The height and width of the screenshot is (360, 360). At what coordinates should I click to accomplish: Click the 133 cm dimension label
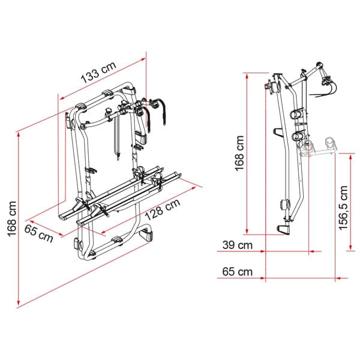click(x=98, y=73)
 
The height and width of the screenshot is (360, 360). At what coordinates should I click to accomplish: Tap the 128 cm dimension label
click(x=163, y=209)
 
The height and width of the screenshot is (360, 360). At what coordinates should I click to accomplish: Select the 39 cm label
click(x=238, y=245)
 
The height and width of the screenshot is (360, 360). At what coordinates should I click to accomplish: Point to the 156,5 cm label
click(x=343, y=208)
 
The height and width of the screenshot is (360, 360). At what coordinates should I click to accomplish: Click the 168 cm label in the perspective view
click(x=12, y=219)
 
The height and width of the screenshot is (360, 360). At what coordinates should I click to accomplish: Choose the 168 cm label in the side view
click(x=239, y=154)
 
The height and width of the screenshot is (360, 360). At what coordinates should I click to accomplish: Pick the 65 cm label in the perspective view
click(x=38, y=233)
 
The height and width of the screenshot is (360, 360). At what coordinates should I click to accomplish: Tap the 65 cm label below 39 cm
click(x=238, y=272)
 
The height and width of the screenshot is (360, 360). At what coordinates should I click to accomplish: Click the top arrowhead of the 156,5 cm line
click(x=350, y=157)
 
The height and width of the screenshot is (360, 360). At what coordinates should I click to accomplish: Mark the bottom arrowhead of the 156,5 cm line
click(x=350, y=247)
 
